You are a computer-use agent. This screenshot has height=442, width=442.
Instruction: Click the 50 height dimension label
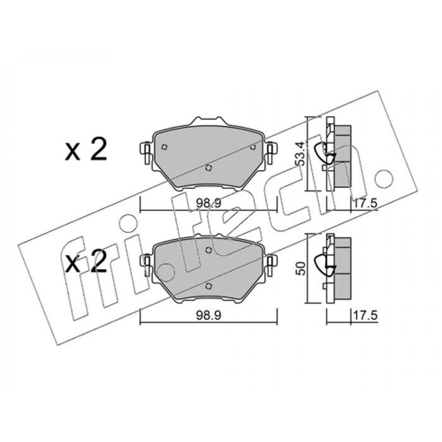coord(301,269)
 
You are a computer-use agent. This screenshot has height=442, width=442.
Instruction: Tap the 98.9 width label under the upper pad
coord(208,203)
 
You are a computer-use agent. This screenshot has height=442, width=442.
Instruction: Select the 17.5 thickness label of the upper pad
coord(365,203)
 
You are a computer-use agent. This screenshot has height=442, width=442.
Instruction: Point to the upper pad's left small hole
coord(165,147)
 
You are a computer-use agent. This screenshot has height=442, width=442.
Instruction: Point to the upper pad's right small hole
coord(253,147)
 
